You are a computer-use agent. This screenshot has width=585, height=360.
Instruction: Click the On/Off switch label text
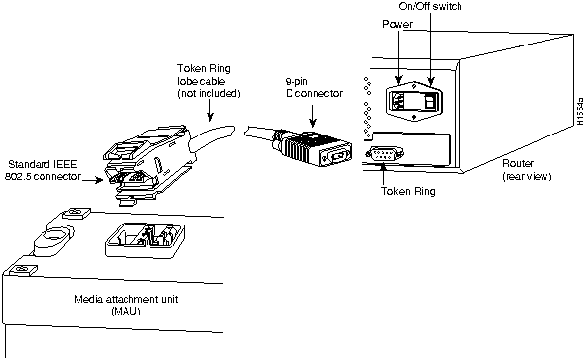point(430,6)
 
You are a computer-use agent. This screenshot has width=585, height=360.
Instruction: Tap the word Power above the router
point(397,24)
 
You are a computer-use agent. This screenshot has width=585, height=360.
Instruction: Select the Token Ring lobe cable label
point(209,81)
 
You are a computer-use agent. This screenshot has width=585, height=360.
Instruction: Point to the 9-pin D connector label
point(314,87)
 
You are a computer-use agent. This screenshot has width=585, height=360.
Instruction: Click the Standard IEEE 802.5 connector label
point(42,170)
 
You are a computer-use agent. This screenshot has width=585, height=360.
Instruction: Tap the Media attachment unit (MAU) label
point(126,305)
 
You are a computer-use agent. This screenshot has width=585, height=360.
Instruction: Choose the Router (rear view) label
point(527,169)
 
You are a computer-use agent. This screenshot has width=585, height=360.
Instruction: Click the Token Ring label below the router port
point(408,191)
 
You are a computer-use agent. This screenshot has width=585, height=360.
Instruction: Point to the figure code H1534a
point(580,111)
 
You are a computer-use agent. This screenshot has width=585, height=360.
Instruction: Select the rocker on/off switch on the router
point(430,101)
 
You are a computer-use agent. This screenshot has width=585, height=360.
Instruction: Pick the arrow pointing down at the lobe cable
point(210,111)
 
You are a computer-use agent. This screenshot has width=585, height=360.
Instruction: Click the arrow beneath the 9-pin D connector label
point(313,115)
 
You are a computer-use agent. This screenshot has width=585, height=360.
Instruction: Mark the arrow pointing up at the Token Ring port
point(384,174)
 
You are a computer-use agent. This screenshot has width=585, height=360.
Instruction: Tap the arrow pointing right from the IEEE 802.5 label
point(93,180)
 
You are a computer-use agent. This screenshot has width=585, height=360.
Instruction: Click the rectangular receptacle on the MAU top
point(145,239)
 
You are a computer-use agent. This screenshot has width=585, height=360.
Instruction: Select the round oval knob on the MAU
point(53,239)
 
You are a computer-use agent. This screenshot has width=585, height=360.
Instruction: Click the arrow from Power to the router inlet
point(399,56)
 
